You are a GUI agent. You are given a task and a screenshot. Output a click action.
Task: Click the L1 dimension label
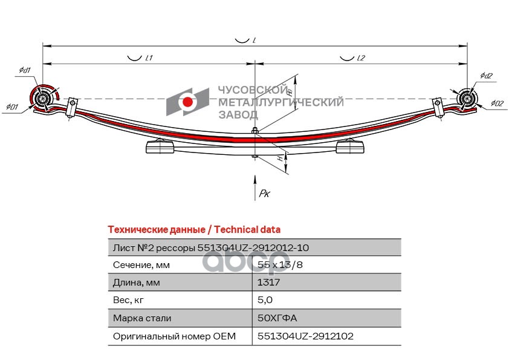pyautogui.click(x=149, y=59)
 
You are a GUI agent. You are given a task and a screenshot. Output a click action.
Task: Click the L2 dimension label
pyautogui.click(x=361, y=59)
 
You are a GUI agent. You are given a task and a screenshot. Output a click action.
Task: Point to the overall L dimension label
pyautogui.click(x=255, y=40)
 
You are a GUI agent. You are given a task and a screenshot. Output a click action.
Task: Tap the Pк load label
pyautogui.click(x=264, y=194)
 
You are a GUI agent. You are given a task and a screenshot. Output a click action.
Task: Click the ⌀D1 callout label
pyautogui.click(x=12, y=108)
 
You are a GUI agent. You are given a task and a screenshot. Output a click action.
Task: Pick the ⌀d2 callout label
pyautogui.click(x=487, y=76)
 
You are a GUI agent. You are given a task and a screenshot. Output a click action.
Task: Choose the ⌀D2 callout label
pyautogui.click(x=497, y=103)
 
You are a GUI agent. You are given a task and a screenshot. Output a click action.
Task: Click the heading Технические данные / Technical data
pyautogui.click(x=193, y=230)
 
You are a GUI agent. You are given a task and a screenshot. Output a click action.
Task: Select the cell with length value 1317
pyautogui.click(x=269, y=283)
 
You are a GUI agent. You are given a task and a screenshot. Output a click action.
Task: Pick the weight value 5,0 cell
pyautogui.click(x=265, y=300)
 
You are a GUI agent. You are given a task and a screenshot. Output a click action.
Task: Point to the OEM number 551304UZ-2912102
pyautogui.click(x=305, y=336)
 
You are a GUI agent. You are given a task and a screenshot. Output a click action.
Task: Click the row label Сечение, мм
pyautogui.click(x=141, y=265)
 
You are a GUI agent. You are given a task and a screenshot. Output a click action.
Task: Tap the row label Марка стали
pyautogui.click(x=142, y=318)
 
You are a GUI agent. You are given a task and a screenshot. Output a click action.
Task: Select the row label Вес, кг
pyautogui.click(x=130, y=300)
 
